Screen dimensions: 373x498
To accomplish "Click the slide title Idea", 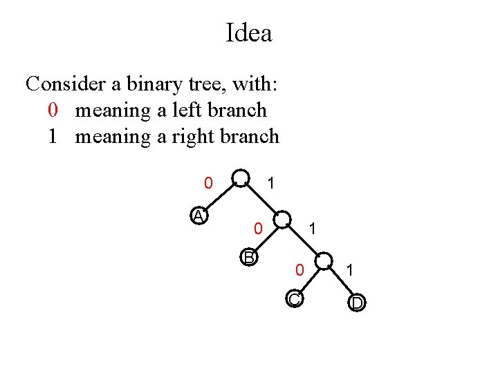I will (x=249, y=33).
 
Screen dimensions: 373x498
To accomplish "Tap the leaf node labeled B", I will (x=249, y=258).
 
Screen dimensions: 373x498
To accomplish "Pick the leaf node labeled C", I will (x=294, y=299).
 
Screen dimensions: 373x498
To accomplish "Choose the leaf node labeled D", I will (x=357, y=303).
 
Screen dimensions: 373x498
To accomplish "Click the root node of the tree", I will (x=241, y=178).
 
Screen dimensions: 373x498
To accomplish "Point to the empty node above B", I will (x=282, y=220).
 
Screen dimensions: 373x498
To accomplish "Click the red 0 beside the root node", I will (x=207, y=184).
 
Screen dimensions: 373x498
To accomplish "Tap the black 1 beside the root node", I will (x=272, y=184).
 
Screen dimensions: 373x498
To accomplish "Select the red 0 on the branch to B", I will (x=257, y=227).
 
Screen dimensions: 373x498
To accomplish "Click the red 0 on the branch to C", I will (x=298, y=269).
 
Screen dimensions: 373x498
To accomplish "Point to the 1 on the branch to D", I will (x=350, y=269).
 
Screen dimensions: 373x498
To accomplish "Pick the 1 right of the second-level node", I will (x=313, y=227).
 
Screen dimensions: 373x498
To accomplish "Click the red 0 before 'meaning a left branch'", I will (x=53, y=111).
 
